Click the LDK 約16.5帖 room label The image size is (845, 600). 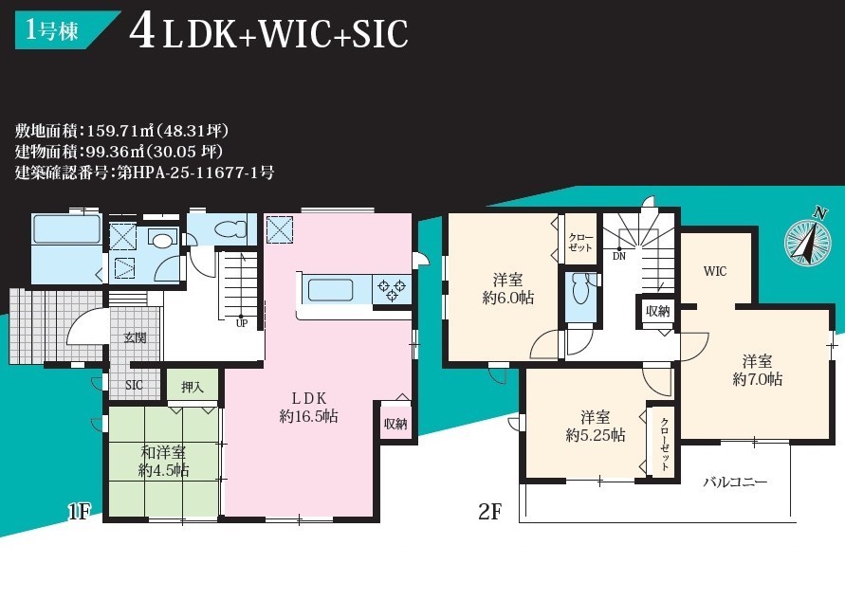point(309,408)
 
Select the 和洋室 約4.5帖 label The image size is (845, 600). point(163,461)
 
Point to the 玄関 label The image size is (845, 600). point(135,337)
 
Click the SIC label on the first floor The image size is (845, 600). point(134,385)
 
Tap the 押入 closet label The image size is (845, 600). point(193,387)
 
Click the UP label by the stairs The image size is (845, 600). point(242,324)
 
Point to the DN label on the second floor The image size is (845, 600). point(619,256)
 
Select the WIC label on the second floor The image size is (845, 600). point(715,271)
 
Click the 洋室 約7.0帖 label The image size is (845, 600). point(757,370)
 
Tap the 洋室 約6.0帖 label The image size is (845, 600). point(508,289)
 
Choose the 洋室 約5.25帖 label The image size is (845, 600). point(596,426)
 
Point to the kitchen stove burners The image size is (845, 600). point(392,290)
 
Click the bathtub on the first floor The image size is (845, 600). point(66,230)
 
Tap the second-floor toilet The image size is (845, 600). point(579,291)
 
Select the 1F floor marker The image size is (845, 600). point(80,511)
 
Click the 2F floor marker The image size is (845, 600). point(490,511)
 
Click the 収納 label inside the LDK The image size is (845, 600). point(395,424)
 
